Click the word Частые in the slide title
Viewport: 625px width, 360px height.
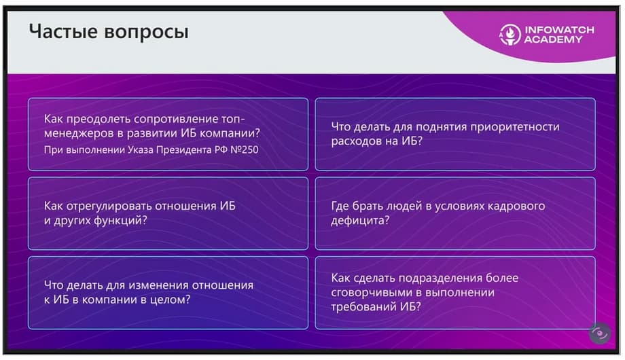coord(63,31)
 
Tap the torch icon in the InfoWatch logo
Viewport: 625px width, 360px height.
coord(510,35)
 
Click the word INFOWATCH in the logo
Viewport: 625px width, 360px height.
coord(559,30)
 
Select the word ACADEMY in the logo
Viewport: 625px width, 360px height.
coord(553,39)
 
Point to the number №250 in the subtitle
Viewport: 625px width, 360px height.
coord(245,150)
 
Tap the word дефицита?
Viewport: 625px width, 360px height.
coord(360,221)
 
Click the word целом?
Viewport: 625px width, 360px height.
coord(171,300)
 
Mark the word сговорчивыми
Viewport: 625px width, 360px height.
coord(371,293)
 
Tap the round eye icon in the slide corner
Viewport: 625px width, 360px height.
coord(600,334)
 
